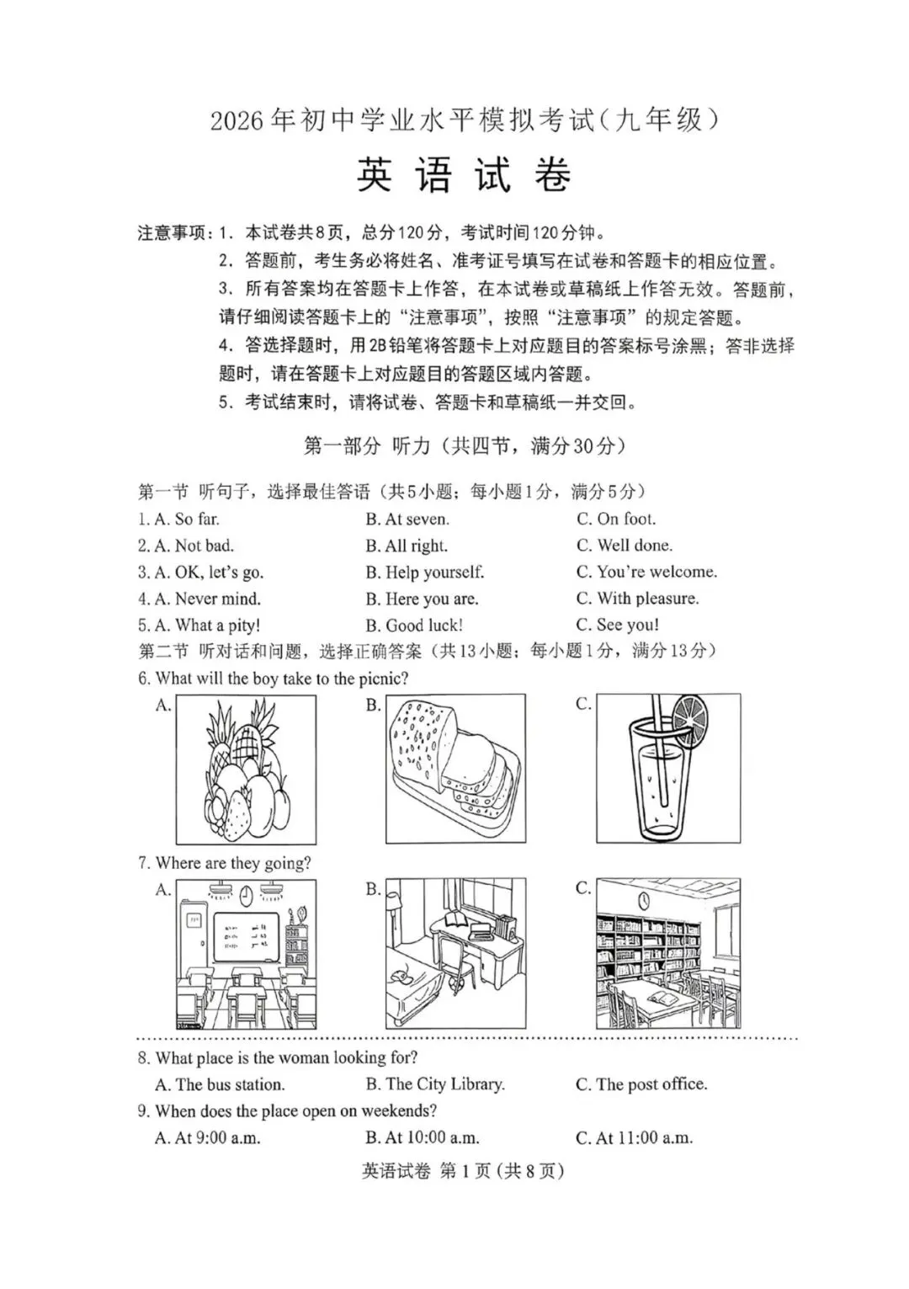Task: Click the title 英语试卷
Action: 464,175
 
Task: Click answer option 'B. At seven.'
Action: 407,519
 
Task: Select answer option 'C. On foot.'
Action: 616,519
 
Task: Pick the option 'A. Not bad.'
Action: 186,546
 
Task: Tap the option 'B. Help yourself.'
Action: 425,573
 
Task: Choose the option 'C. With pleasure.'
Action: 637,599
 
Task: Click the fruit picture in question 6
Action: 246,770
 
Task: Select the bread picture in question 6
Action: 455,769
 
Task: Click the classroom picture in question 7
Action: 246,954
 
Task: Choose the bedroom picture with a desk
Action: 455,954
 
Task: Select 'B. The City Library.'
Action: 435,1084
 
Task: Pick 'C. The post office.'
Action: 641,1084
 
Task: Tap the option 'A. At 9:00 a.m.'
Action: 208,1138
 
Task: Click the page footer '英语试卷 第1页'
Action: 462,1171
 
